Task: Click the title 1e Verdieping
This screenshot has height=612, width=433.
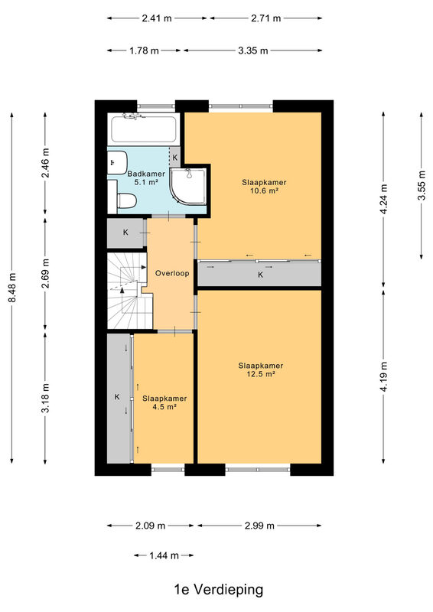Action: coord(218,589)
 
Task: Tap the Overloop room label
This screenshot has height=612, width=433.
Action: coord(172,273)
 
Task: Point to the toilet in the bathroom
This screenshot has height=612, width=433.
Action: coord(126,201)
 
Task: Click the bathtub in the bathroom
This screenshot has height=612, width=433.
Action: coord(144,129)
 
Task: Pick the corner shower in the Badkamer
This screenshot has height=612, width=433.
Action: coord(188,187)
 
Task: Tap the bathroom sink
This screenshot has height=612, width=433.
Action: coord(117,163)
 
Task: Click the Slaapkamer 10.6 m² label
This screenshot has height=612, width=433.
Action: coord(264,187)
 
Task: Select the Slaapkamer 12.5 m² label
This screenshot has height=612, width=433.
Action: coord(260,370)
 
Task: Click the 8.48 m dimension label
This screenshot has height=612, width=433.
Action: coord(12,288)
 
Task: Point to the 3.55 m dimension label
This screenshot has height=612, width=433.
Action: coord(422,186)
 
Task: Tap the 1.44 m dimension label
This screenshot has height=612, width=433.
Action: coord(164,555)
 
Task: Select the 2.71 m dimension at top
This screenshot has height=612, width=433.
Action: coord(266,18)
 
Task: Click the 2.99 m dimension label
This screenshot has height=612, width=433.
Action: coord(259,526)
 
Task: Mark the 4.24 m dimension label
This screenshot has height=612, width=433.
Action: coord(384,199)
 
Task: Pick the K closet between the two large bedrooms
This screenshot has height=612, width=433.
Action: coord(259,275)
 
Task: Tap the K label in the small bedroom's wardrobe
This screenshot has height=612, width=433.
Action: coord(117,397)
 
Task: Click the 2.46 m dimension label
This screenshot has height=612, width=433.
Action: coord(46,163)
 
